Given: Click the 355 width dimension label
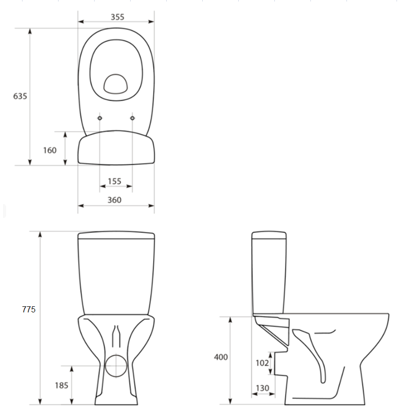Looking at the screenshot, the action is [117, 17].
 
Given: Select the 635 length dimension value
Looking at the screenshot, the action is [20, 96].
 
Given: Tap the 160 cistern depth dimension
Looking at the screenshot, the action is [50, 150].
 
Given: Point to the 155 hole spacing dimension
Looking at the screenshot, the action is [115, 181].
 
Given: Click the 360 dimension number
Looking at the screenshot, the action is [114, 200].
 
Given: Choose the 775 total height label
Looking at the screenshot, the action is [29, 309].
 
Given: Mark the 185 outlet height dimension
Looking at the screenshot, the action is [62, 385].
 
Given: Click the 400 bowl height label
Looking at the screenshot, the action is [221, 357].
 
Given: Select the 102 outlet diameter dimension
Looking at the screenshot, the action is [262, 362].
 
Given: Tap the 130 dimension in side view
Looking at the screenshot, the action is [262, 388].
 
